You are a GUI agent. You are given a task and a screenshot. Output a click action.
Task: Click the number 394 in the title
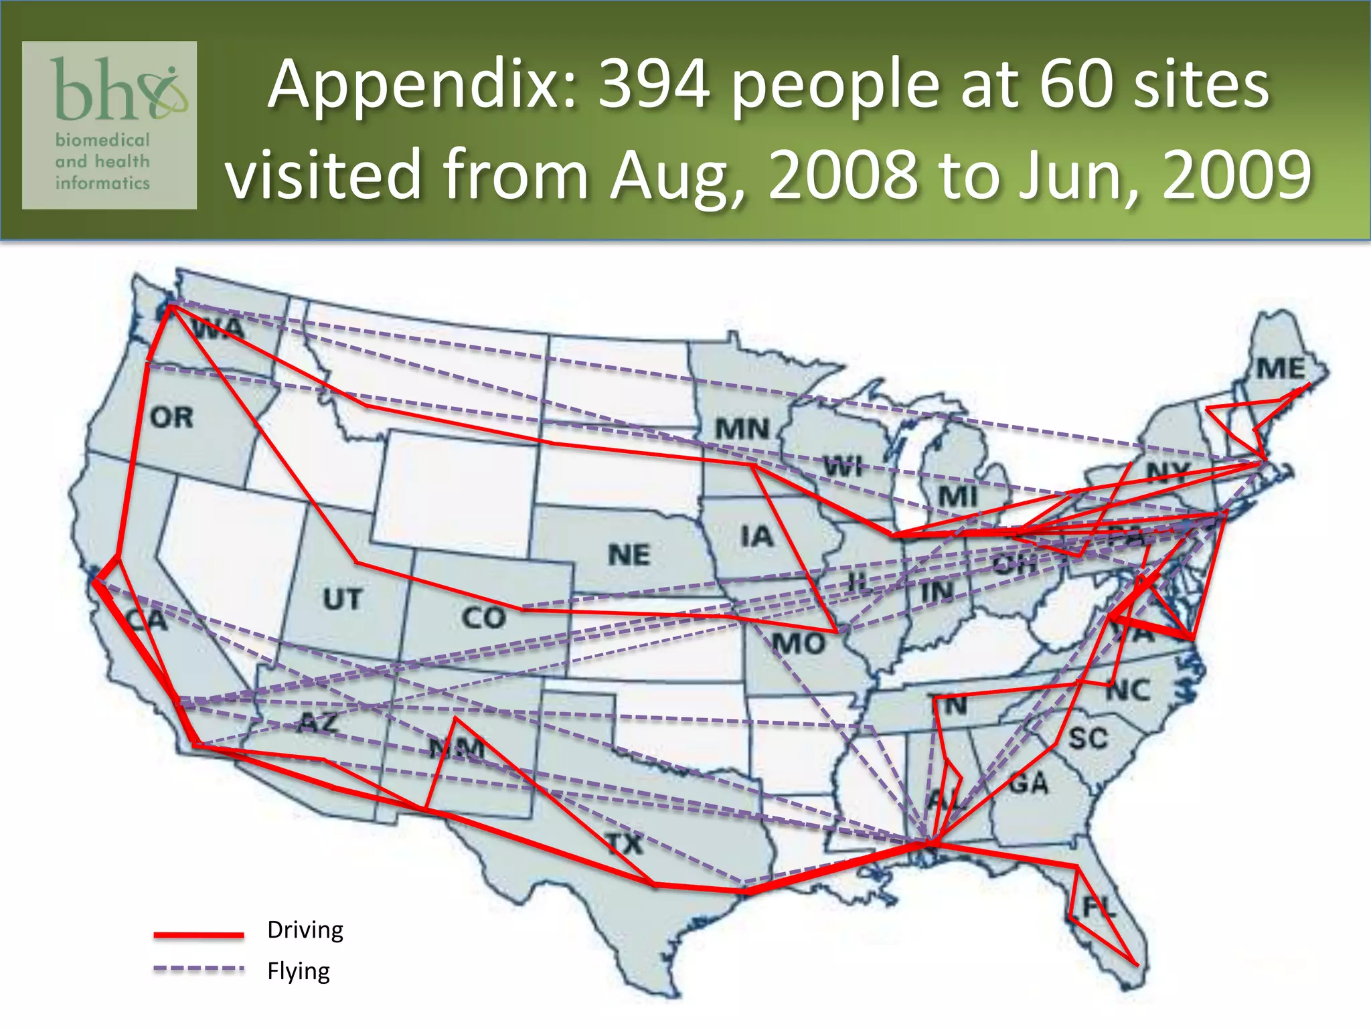653,85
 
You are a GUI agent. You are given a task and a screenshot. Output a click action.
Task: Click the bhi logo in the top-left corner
110,125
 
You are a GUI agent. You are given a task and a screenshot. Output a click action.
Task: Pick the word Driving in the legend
305,930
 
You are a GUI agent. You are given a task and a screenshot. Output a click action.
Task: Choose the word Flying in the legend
299,971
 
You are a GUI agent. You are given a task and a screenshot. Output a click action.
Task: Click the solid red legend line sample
199,934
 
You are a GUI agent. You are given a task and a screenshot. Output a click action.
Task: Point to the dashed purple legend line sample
199,968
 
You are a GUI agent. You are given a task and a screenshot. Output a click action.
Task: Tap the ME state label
1280,369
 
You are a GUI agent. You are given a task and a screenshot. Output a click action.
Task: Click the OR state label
172,418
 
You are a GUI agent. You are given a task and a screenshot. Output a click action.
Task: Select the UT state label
343,599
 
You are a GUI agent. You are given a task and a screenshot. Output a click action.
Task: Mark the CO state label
483,618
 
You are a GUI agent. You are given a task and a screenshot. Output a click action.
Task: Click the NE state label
629,555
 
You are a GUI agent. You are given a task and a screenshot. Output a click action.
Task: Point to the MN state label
742,429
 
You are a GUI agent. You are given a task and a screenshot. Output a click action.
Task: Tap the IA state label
757,536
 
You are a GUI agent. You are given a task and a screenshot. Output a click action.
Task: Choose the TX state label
625,844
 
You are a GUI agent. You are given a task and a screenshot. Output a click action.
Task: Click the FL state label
1099,908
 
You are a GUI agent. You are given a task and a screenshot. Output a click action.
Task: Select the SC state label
1088,739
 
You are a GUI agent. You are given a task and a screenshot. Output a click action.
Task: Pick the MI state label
958,497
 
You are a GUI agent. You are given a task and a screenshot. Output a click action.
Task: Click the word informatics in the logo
102,183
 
